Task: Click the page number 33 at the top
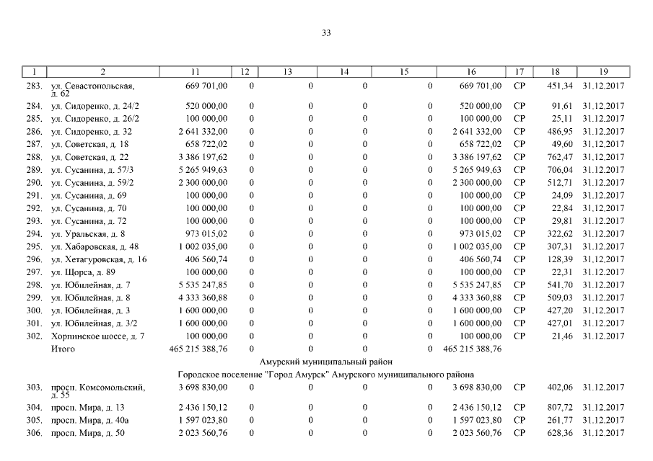coord(326,33)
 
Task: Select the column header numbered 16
coord(470,72)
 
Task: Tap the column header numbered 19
coord(603,72)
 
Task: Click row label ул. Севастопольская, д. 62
coord(92,89)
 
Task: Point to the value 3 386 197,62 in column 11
coord(201,157)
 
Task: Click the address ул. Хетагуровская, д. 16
coord(98,259)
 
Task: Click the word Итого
coord(63,349)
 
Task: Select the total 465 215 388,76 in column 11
coord(198,349)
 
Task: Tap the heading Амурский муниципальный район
coord(325,362)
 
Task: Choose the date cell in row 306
coord(603,432)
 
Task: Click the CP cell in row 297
coord(519,272)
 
